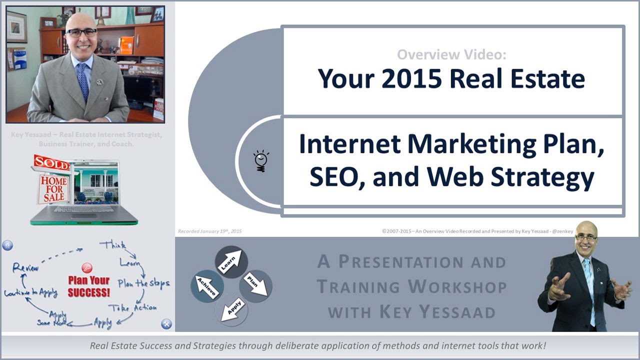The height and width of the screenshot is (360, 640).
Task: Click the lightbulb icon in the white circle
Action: coord(260,161)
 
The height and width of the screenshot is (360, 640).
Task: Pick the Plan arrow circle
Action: coord(255,285)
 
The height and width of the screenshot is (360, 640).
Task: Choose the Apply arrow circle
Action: coord(231,309)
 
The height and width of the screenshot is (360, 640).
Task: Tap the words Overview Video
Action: coord(451,54)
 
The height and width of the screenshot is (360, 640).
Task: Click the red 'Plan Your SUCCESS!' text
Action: coord(88,286)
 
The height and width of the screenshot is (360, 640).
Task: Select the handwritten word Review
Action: coord(26,267)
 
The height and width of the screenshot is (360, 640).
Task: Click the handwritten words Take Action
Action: coord(132,307)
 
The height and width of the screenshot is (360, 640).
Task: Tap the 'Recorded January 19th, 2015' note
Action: coord(210,231)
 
